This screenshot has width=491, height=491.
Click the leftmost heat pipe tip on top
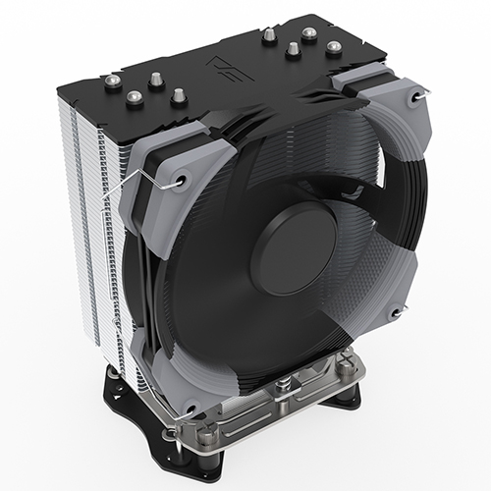(x=114, y=82)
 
